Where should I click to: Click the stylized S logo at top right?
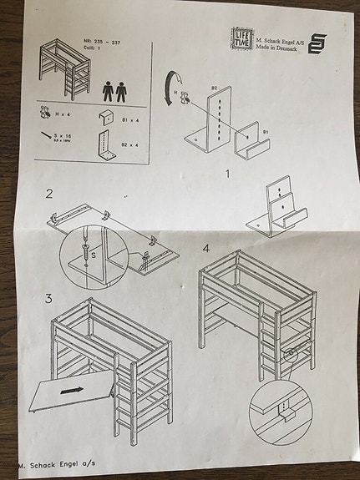click(x=317, y=44)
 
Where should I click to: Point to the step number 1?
click(x=226, y=174)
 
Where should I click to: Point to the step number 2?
click(x=49, y=195)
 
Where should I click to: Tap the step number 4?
click(x=205, y=248)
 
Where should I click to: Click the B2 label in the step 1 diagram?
click(x=214, y=88)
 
